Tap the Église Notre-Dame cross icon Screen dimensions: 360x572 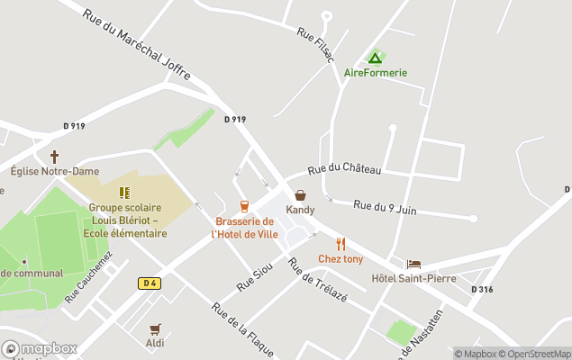(x=54, y=157)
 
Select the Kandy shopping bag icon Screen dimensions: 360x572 (x=300, y=195)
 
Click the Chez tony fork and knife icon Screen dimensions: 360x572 (x=340, y=244)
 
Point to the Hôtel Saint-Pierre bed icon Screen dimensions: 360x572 (x=413, y=264)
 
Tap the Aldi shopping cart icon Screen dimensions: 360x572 (x=155, y=328)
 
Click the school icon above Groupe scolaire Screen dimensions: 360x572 (x=124, y=193)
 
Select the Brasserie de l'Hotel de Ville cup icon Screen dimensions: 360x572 (x=244, y=206)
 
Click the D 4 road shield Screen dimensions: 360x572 (x=150, y=283)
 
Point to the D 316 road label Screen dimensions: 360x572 (x=481, y=289)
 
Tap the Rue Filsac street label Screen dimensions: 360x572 (x=316, y=45)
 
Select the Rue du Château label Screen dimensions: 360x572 (x=344, y=169)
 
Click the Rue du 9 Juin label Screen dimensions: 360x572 (x=385, y=208)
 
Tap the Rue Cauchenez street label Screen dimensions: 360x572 (x=89, y=275)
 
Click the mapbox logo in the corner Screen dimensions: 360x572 (x=40, y=348)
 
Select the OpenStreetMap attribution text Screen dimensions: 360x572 (x=538, y=354)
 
